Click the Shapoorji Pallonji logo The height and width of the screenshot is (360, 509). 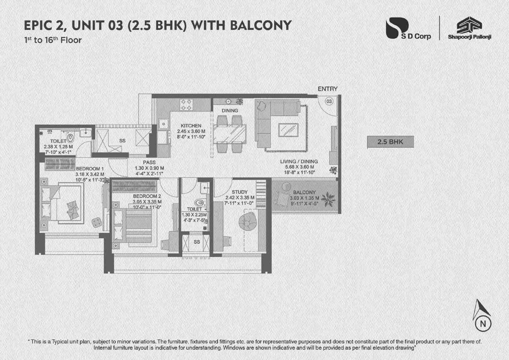click(469, 29)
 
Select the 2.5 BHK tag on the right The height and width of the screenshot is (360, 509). click(390, 142)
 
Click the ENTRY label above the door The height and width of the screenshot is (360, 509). click(328, 89)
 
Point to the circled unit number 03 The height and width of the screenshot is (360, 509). click(328, 101)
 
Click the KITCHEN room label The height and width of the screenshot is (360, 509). click(191, 126)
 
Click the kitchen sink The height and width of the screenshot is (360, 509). click(163, 124)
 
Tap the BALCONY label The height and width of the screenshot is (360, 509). click(304, 192)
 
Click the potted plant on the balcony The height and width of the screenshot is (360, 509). click(328, 198)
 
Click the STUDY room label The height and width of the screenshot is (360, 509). click(240, 192)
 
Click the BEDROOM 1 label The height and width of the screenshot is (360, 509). click(90, 169)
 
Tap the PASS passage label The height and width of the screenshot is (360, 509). click(149, 162)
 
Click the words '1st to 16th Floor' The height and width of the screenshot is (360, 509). click(53, 40)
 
